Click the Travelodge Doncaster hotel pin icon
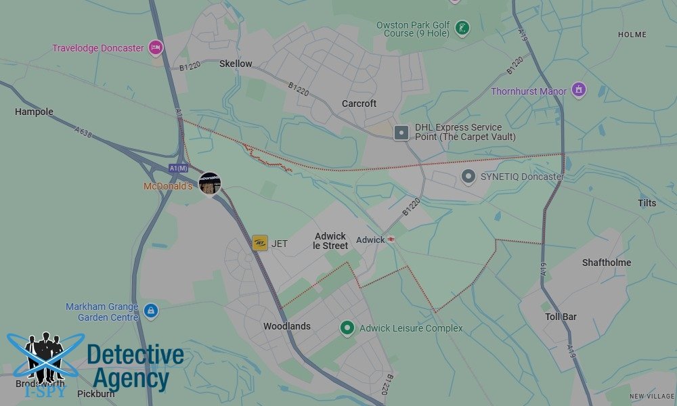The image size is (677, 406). (x=156, y=47)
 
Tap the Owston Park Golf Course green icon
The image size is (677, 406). (x=462, y=28)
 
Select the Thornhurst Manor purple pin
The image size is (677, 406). (x=578, y=89)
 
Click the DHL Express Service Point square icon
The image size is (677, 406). (x=401, y=133)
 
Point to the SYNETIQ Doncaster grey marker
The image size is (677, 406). (x=468, y=177)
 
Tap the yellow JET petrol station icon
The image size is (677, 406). (x=260, y=243)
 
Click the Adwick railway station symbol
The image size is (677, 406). (x=391, y=240)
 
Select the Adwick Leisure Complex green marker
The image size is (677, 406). (x=347, y=328)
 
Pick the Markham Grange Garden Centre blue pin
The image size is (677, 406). (x=150, y=311)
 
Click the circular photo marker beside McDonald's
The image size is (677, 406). (x=209, y=183)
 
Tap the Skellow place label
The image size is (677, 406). (x=236, y=64)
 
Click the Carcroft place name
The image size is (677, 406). (x=359, y=104)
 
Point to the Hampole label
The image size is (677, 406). (x=34, y=112)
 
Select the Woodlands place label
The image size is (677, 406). (x=287, y=326)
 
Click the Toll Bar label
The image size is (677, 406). (x=561, y=316)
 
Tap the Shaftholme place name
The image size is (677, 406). (x=607, y=263)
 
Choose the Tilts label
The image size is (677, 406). (x=647, y=203)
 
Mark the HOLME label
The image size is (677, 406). (x=632, y=35)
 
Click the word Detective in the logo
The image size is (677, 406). (x=135, y=355)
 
